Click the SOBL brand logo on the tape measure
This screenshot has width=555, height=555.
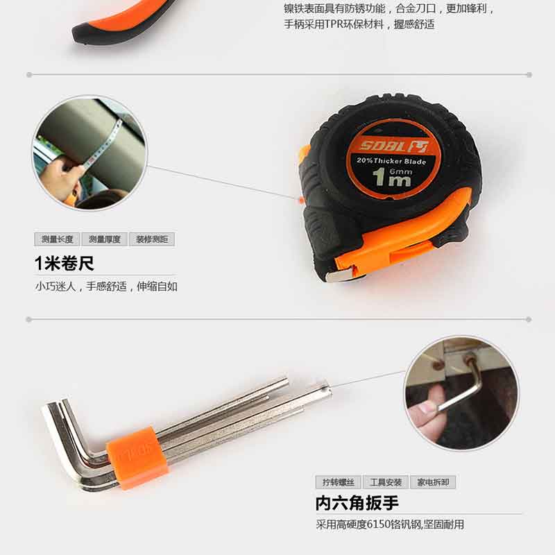pos(393,146)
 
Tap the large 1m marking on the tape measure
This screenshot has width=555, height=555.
pos(392,177)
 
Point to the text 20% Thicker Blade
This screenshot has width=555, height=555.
pos(391,161)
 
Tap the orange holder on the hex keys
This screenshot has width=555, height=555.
pos(137,458)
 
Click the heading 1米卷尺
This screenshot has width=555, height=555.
pos(65,264)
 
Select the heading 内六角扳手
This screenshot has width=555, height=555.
pos(357,503)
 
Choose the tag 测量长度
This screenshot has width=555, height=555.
pos(58,239)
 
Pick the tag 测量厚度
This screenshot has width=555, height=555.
pos(105,239)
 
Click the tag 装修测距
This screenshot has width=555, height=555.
pos(152,239)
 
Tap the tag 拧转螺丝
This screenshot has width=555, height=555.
pos(339,482)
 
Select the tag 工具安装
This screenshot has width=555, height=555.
pos(386,482)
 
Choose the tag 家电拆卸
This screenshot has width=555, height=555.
pos(433,482)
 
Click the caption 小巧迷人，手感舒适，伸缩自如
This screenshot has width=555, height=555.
pos(106,287)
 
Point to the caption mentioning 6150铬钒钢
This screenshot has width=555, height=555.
pos(390,524)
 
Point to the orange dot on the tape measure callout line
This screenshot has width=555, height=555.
pos(302,200)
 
